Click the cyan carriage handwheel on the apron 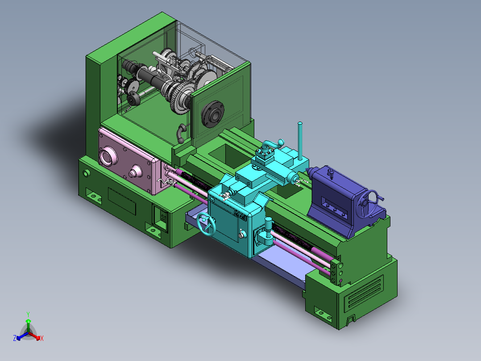(206, 224)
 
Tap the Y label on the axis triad (28, 314)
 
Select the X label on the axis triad (42, 338)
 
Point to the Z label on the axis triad (14, 338)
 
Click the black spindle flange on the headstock (212, 114)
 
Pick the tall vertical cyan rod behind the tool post (300, 141)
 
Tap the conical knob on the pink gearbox (135, 172)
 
